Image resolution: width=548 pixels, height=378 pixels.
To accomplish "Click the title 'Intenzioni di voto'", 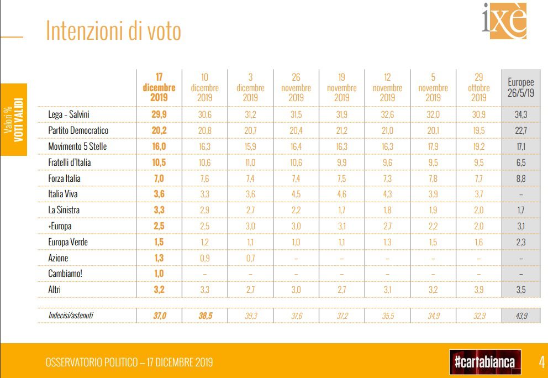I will tap(113, 32).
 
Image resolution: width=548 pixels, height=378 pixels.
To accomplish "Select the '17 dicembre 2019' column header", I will tap(159, 87).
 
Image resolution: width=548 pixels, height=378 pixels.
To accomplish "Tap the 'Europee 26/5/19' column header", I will tap(520, 87).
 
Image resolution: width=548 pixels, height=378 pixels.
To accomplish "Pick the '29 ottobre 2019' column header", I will tap(478, 87).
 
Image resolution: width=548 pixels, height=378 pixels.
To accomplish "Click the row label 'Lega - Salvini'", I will tap(69, 114).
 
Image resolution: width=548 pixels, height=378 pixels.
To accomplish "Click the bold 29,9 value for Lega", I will tap(159, 114).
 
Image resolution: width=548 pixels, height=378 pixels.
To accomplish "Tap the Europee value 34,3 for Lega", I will tap(520, 114).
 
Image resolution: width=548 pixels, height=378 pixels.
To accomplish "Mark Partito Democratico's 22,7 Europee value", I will tap(520, 130).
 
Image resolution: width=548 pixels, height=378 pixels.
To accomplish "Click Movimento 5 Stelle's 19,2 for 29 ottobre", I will tap(478, 146).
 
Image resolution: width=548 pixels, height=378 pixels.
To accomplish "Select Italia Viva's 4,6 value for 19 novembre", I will tap(341, 194).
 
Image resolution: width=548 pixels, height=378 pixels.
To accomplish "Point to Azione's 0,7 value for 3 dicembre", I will tap(250, 257).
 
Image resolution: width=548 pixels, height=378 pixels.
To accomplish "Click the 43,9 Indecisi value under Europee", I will tap(520, 314).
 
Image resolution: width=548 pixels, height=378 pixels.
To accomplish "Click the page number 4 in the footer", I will tap(542, 362).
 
